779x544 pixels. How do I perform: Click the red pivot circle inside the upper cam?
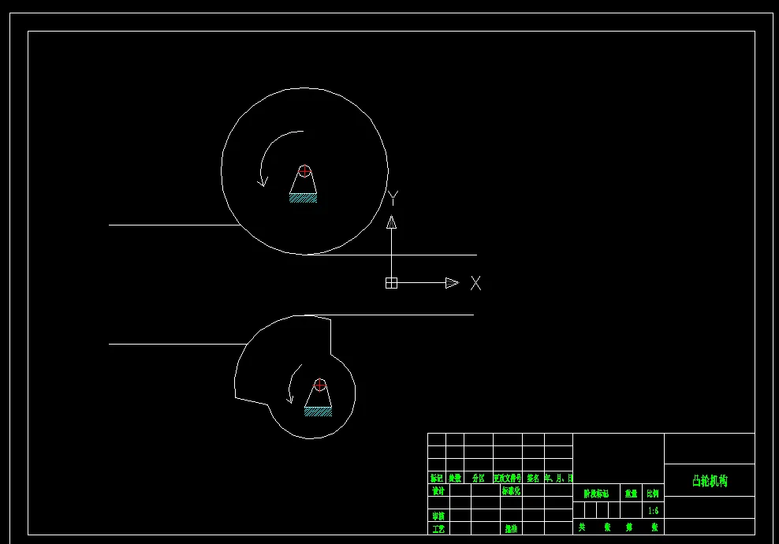[304, 171]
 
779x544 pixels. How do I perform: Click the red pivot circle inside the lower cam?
[320, 385]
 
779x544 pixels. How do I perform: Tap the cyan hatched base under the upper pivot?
[303, 199]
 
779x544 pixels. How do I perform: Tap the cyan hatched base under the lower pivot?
[318, 412]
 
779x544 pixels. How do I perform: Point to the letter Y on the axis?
[393, 198]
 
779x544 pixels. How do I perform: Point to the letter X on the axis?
[475, 283]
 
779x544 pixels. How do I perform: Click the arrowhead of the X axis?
[452, 283]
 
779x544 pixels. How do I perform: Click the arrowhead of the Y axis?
[391, 222]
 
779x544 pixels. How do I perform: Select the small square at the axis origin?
[391, 283]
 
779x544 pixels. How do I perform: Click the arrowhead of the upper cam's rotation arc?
[263, 181]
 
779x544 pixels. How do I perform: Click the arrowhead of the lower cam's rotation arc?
[290, 399]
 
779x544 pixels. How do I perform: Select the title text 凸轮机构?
[710, 480]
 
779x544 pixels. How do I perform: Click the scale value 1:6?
[653, 511]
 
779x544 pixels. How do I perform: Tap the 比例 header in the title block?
[653, 494]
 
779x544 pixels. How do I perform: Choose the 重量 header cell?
[631, 494]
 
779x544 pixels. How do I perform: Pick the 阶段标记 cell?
[596, 494]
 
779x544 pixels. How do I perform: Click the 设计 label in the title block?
[438, 490]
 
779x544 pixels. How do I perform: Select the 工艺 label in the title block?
[438, 528]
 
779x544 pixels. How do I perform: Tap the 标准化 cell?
[511, 490]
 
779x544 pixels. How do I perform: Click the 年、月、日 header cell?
[558, 478]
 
